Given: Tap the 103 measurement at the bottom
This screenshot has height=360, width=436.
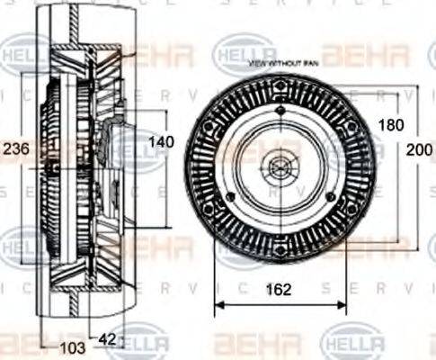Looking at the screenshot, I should (72, 346).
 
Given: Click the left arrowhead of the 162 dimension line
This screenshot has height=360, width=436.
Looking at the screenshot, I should (218, 304).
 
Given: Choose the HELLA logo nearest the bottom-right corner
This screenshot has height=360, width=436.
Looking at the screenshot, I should (351, 343).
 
